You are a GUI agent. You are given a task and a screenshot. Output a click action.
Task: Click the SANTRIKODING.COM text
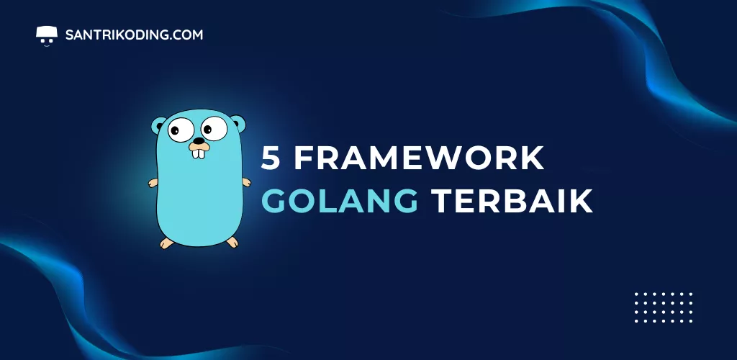coord(134,35)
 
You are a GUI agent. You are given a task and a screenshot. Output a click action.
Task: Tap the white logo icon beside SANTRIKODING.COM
coord(47,35)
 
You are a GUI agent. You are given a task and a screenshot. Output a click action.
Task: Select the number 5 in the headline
coord(271,158)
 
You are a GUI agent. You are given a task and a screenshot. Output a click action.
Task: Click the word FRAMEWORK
coord(419,158)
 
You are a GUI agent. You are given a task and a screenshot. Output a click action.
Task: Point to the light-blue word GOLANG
coord(340,201)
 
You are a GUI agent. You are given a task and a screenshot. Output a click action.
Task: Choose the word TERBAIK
coord(512,201)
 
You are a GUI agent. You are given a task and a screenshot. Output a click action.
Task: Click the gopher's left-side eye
coord(181,130)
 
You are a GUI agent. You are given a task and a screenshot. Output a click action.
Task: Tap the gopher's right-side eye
coord(214,128)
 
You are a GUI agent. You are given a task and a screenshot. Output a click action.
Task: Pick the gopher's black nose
coord(199,140)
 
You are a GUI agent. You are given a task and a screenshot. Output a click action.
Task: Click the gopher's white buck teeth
coord(199,153)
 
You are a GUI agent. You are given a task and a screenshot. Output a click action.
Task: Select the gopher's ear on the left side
coord(158,125)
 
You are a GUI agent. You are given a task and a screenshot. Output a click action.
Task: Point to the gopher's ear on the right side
coord(239,123)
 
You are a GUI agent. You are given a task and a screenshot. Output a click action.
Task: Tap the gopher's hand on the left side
coord(153,183)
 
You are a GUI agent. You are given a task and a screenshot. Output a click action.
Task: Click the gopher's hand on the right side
coord(246,182)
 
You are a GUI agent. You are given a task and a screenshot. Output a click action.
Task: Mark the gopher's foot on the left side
coord(167,243)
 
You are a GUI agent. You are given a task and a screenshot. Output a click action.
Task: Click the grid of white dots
coord(664,307)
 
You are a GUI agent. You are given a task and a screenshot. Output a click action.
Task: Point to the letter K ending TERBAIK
coord(582,201)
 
